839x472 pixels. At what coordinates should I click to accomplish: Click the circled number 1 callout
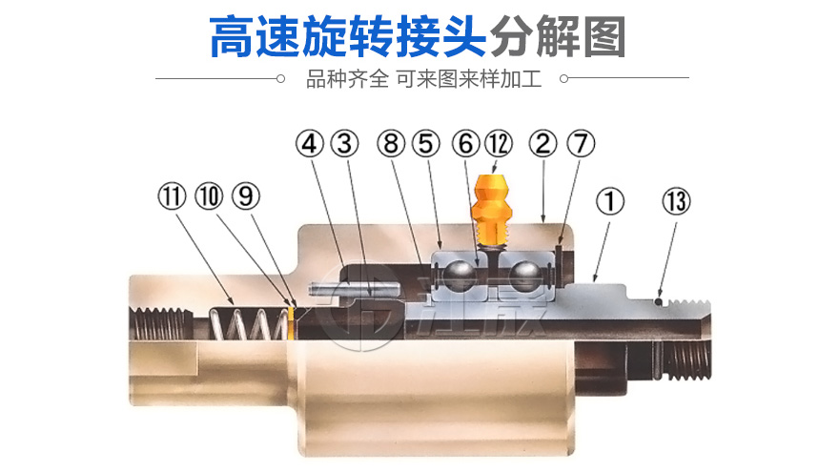pos(610,202)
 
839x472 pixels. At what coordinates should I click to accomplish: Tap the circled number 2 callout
pos(542,144)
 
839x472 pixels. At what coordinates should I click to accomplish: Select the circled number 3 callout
pos(344,144)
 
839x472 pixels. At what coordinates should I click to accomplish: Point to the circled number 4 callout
pos(310,144)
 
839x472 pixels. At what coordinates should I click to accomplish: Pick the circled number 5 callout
pos(426,144)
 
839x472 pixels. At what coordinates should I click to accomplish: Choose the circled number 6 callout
pos(465,144)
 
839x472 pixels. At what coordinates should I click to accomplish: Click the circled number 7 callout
pos(581,144)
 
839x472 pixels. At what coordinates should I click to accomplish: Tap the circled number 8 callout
pos(391,144)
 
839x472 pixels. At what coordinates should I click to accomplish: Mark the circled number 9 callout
pos(246,195)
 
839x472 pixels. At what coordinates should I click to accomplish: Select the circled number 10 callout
pos(209,195)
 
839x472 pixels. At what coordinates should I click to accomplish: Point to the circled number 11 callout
pos(172,195)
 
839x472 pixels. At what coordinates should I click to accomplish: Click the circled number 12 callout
pos(499,144)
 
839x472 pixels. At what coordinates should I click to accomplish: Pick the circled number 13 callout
pos(676,202)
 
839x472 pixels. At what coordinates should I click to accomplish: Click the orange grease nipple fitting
pos(491,210)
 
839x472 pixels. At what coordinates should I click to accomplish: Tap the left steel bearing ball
pos(461,277)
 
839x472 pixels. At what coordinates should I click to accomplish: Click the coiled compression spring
pos(248,324)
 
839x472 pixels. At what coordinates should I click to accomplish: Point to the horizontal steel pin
pos(353,290)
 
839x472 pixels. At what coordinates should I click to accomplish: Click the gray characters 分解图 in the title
pos(558,36)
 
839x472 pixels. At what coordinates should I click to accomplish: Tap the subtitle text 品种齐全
pos(347,79)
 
